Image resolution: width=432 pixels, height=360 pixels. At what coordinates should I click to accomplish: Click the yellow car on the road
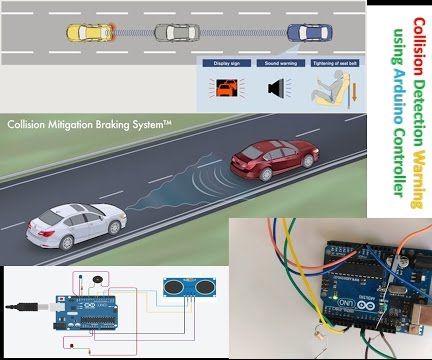pos(88,32)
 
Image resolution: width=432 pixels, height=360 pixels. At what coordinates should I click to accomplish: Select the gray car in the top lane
pos(176,32)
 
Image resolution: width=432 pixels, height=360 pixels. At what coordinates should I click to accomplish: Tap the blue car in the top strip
pos(306,34)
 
